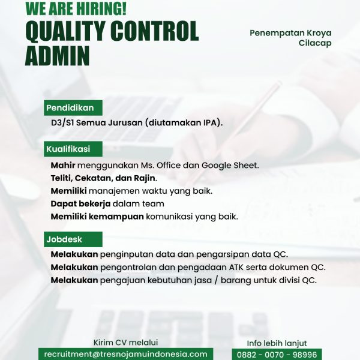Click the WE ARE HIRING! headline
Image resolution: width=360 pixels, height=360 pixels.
pyautogui.click(x=76, y=8)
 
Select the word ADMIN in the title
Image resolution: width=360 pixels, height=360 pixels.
pyautogui.click(x=57, y=56)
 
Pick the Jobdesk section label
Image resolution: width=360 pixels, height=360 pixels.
pyautogui.click(x=64, y=239)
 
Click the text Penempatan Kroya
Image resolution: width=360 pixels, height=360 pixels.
pyautogui.click(x=290, y=32)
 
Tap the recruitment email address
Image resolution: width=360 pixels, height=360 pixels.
pyautogui.click(x=125, y=355)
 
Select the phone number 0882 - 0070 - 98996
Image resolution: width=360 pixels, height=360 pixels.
pyautogui.click(x=277, y=355)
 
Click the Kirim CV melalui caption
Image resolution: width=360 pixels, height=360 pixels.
pyautogui.click(x=125, y=343)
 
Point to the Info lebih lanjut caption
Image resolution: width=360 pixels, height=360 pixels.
pyautogui.click(x=277, y=343)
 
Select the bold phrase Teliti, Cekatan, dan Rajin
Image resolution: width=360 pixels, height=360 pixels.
pyautogui.click(x=103, y=178)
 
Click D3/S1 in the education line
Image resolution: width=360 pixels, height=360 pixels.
pyautogui.click(x=63, y=123)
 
